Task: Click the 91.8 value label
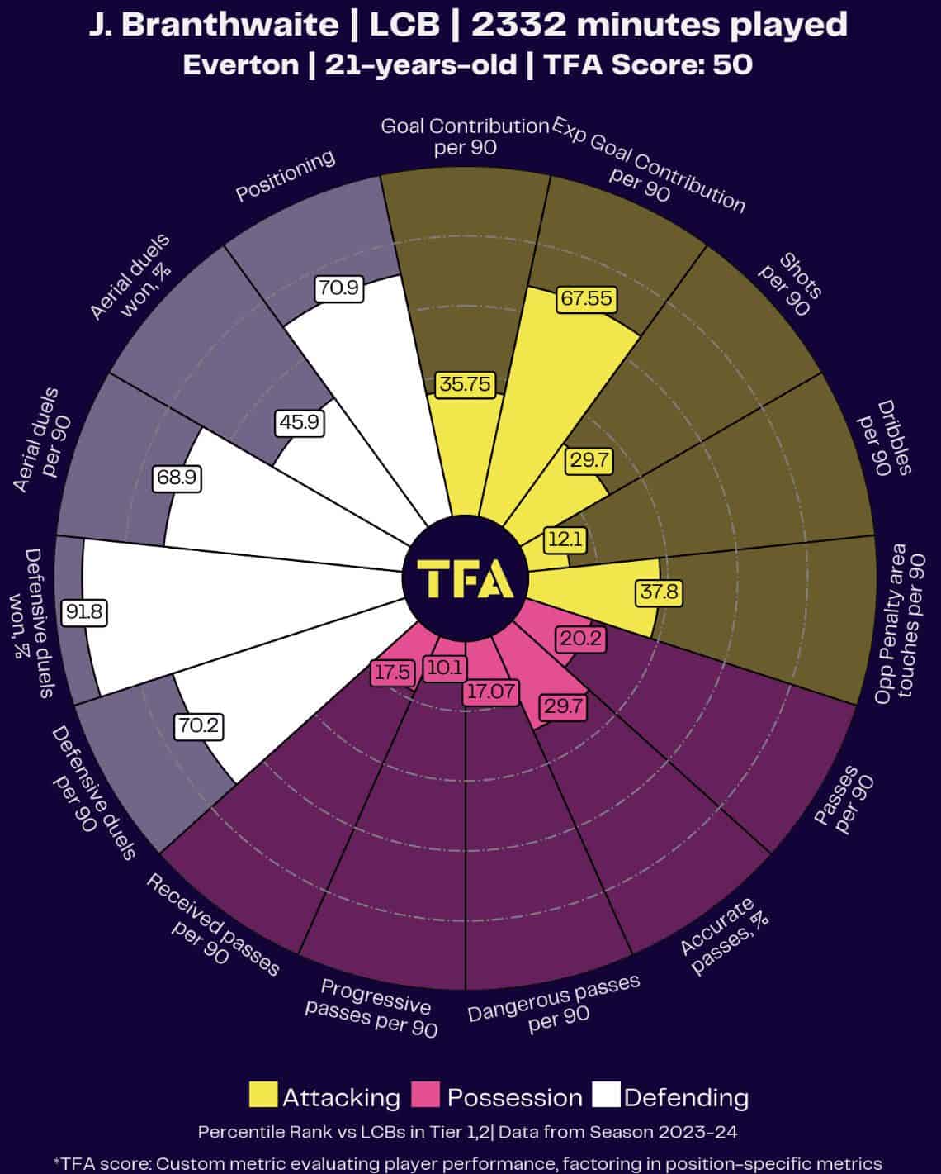86,612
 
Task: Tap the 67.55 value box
585,298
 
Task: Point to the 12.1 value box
565,540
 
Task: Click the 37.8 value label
658,592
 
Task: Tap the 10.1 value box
445,668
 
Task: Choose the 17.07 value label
490,691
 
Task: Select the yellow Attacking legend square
263,1095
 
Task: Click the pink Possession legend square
428,1095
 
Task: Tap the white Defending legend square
607,1095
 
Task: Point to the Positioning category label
286,175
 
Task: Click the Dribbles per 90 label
883,437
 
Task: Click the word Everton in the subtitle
240,65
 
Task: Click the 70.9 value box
338,288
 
